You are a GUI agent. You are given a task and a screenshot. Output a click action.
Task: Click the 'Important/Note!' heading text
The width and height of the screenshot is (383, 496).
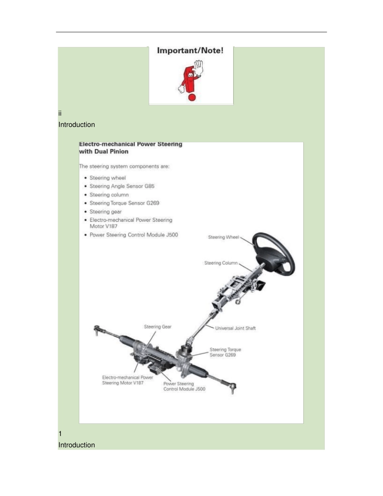pyautogui.click(x=190, y=50)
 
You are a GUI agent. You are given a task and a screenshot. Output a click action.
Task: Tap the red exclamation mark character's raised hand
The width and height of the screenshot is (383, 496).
pyautogui.click(x=198, y=68)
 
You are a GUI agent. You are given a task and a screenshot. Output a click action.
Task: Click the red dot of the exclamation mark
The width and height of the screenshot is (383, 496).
pyautogui.click(x=192, y=97)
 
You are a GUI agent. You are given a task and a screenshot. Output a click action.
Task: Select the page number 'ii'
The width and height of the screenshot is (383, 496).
pyautogui.click(x=60, y=113)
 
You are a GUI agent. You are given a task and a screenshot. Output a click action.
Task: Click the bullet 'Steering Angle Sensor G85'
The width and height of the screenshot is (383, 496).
pyautogui.click(x=122, y=186)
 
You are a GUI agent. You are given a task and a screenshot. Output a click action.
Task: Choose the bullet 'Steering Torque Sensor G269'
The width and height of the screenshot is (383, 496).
pyautogui.click(x=124, y=203)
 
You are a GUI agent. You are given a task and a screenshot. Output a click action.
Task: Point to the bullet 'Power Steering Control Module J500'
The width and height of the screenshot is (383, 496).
pyautogui.click(x=134, y=235)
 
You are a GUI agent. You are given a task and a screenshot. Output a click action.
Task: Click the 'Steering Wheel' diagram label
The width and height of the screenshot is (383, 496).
pyautogui.click(x=223, y=237)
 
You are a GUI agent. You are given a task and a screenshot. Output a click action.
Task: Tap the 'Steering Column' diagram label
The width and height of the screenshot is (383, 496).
pyautogui.click(x=221, y=263)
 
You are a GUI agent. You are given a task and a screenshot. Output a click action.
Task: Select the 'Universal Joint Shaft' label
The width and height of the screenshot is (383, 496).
pyautogui.click(x=235, y=328)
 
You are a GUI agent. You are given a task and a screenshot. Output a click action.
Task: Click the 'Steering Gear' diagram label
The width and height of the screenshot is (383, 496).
pyautogui.click(x=158, y=327)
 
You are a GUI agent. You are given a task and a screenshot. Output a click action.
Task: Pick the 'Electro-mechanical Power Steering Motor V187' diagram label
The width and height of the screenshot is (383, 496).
pyautogui.click(x=127, y=380)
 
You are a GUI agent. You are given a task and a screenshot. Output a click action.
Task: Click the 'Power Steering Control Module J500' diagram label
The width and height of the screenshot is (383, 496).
pyautogui.click(x=184, y=386)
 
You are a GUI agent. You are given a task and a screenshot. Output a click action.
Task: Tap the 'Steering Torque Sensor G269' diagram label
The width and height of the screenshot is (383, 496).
pyautogui.click(x=225, y=352)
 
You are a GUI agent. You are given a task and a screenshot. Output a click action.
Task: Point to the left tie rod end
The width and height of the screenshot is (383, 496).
pyautogui.click(x=97, y=329)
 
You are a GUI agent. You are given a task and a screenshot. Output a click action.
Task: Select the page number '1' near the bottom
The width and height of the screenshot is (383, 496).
pyautogui.click(x=60, y=433)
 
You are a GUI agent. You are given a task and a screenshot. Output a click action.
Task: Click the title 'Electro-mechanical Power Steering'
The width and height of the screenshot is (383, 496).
pyautogui.click(x=131, y=144)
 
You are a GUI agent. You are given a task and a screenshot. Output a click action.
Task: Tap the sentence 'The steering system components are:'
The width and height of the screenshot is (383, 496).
pyautogui.click(x=124, y=167)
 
